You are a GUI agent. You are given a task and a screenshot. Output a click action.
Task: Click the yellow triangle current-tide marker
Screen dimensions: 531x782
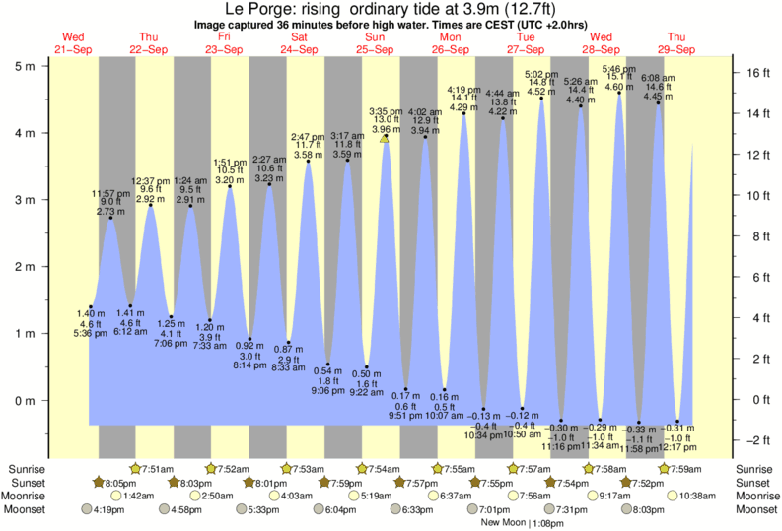coord(385,139)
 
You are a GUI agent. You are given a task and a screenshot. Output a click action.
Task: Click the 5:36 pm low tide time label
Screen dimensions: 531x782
coord(91,333)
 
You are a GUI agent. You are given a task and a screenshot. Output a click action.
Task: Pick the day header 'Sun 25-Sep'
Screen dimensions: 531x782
coord(375,42)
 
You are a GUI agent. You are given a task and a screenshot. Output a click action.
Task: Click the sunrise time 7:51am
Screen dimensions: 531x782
coord(156,468)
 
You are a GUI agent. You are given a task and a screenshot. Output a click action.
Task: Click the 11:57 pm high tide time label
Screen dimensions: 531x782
coord(110,193)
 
